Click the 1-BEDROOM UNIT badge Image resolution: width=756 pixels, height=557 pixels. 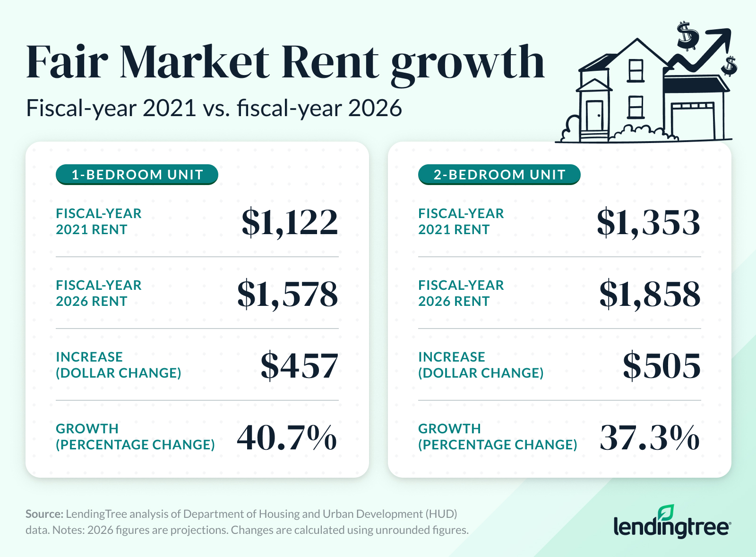(x=137, y=175)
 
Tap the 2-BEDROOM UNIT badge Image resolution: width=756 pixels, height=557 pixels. (x=499, y=175)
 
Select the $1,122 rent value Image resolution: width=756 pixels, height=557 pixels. (x=290, y=222)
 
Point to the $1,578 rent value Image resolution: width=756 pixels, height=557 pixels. (x=287, y=294)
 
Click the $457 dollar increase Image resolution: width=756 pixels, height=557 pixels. (x=300, y=366)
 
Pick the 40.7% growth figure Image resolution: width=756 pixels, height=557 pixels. (x=287, y=438)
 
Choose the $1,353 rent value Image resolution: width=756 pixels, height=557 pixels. (x=648, y=222)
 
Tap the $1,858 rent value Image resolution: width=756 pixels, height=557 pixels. (x=650, y=294)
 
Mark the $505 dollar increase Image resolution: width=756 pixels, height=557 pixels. (x=661, y=366)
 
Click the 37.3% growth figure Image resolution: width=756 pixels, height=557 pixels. (x=650, y=438)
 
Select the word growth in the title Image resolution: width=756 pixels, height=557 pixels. (x=468, y=64)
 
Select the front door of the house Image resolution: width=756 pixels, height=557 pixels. (x=594, y=116)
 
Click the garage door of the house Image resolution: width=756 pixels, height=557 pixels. (x=693, y=124)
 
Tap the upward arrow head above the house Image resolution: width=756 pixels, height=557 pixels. (x=722, y=35)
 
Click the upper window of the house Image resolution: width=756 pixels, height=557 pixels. (x=636, y=71)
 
